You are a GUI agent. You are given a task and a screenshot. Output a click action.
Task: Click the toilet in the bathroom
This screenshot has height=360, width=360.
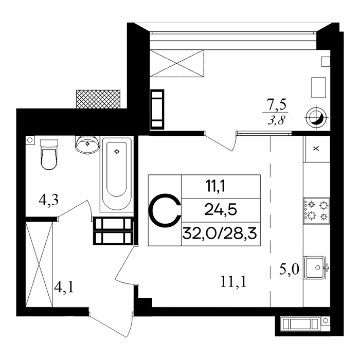click(x=49, y=154)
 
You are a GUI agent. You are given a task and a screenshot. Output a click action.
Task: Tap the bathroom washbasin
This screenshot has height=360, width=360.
click(x=87, y=145)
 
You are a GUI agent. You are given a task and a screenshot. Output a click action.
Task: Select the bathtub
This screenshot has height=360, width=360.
click(x=117, y=174)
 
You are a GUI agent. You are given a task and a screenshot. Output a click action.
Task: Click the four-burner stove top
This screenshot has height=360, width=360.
click(x=317, y=211)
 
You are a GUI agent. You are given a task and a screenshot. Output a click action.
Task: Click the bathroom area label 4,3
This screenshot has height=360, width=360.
click(x=48, y=201)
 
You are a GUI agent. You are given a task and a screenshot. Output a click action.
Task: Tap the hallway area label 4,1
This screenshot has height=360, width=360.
click(x=64, y=287)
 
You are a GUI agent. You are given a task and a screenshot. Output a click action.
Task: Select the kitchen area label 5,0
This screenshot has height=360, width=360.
click(x=289, y=269)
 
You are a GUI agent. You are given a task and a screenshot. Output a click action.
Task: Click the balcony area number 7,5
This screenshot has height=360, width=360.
click(x=277, y=105)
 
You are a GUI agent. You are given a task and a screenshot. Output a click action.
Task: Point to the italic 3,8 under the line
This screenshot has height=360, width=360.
click(x=276, y=119)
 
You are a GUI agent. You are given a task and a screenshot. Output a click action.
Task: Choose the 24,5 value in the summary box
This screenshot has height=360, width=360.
click(x=221, y=210)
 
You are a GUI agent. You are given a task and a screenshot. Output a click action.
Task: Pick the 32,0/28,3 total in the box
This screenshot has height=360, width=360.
click(x=220, y=234)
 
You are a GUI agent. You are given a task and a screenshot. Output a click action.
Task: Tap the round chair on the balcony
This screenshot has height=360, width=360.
click(x=316, y=118)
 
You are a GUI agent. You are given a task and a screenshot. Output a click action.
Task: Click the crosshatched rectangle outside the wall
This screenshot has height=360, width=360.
click(x=98, y=99)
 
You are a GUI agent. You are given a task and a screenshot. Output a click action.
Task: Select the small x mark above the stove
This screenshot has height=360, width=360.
click(x=316, y=149)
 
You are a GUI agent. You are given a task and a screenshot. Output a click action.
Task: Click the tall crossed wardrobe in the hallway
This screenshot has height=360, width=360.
click(x=39, y=264)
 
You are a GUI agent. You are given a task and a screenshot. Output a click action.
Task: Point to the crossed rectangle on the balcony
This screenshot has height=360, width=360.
click(x=177, y=63)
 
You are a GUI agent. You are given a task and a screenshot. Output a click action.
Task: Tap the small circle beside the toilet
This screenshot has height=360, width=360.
click(x=30, y=139)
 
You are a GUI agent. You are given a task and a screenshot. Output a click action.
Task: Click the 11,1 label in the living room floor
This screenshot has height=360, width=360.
click(x=233, y=282)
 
